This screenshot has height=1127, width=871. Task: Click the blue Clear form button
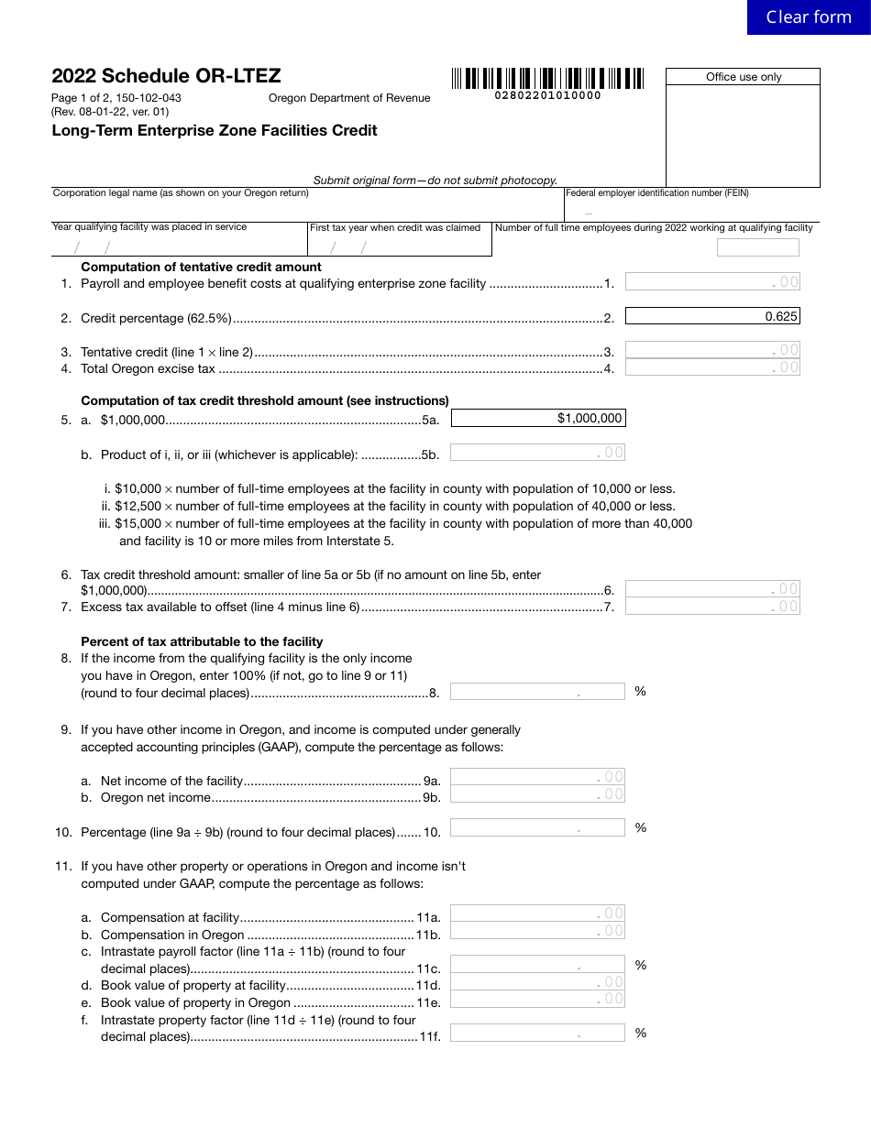(808, 17)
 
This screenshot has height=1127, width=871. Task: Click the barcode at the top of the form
(547, 78)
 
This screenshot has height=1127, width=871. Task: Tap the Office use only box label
(743, 77)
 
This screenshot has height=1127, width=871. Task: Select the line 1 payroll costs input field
(712, 282)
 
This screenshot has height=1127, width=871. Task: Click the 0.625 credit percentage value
(712, 316)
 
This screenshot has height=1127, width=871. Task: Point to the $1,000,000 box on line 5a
(538, 418)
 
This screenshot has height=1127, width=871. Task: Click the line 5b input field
(537, 452)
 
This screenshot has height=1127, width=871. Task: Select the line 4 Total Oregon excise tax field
(712, 367)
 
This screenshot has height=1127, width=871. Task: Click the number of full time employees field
(757, 247)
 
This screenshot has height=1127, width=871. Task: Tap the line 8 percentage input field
(537, 692)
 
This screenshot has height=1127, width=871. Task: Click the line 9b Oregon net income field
(537, 794)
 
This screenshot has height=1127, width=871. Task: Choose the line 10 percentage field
(537, 828)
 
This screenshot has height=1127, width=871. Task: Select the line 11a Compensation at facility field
(537, 913)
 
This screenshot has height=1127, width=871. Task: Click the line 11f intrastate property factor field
(537, 1033)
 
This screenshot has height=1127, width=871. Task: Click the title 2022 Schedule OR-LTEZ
(166, 76)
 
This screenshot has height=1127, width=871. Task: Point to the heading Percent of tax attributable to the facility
(202, 641)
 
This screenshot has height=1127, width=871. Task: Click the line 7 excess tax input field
(712, 607)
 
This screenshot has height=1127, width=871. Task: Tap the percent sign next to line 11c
(640, 965)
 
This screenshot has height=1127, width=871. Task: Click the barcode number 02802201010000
(547, 95)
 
